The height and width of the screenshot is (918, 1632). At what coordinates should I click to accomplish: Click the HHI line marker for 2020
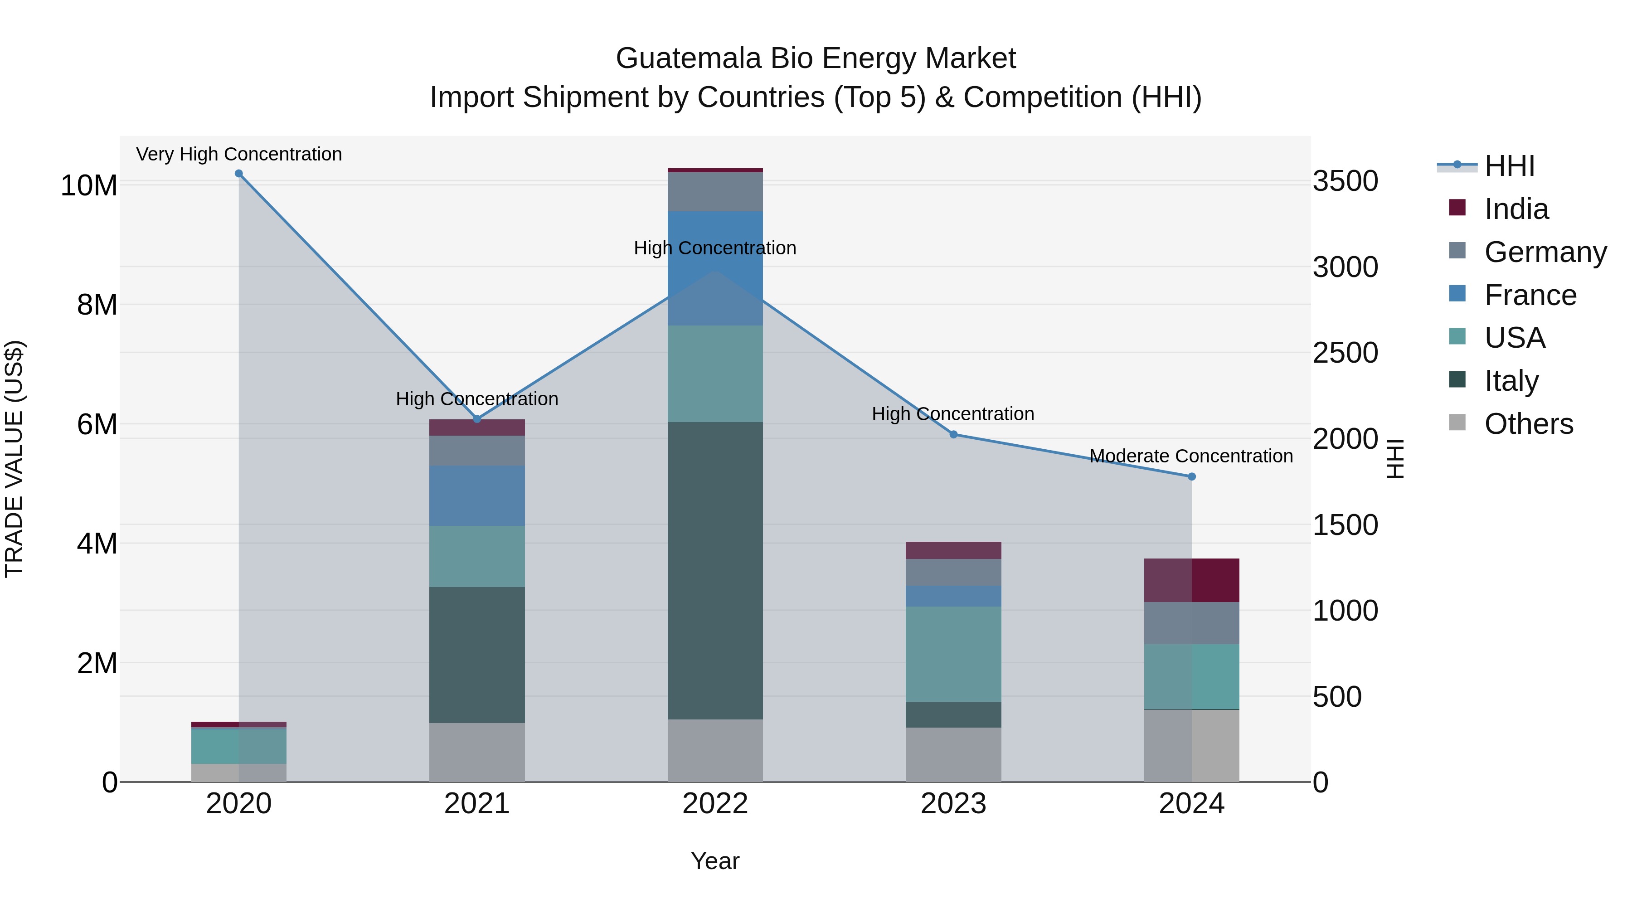(x=239, y=174)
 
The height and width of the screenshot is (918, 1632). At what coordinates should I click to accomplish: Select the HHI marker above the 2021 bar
(x=477, y=419)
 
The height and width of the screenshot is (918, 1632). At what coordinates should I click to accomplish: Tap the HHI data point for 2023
(x=953, y=435)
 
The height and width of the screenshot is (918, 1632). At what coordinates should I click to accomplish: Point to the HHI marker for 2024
(x=1192, y=476)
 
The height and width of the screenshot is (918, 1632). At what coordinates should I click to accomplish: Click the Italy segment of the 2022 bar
(x=715, y=570)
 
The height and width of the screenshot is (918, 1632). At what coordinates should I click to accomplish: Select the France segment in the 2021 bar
(x=477, y=495)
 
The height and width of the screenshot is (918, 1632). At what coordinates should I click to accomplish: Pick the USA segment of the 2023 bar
(x=953, y=654)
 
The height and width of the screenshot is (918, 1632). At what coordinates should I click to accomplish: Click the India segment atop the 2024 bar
(x=1192, y=580)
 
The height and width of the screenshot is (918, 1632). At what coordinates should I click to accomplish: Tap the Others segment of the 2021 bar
(x=477, y=752)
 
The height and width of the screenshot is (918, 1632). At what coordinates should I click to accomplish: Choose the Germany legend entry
(x=1545, y=252)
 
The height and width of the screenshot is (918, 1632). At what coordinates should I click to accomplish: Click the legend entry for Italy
(x=1511, y=381)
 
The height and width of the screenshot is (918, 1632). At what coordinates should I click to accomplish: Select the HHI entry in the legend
(x=1509, y=166)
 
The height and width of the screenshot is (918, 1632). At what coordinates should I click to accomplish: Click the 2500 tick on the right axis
(x=1345, y=353)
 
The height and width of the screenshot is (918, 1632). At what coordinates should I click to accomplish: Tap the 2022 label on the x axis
(x=715, y=804)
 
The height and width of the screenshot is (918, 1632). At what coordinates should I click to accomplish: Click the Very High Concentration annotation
(x=239, y=154)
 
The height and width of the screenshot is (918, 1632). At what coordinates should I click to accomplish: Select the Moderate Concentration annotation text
(x=1191, y=456)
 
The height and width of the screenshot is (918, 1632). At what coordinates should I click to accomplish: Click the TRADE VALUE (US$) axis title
(x=14, y=459)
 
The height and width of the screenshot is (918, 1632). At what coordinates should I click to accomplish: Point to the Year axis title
(x=715, y=861)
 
